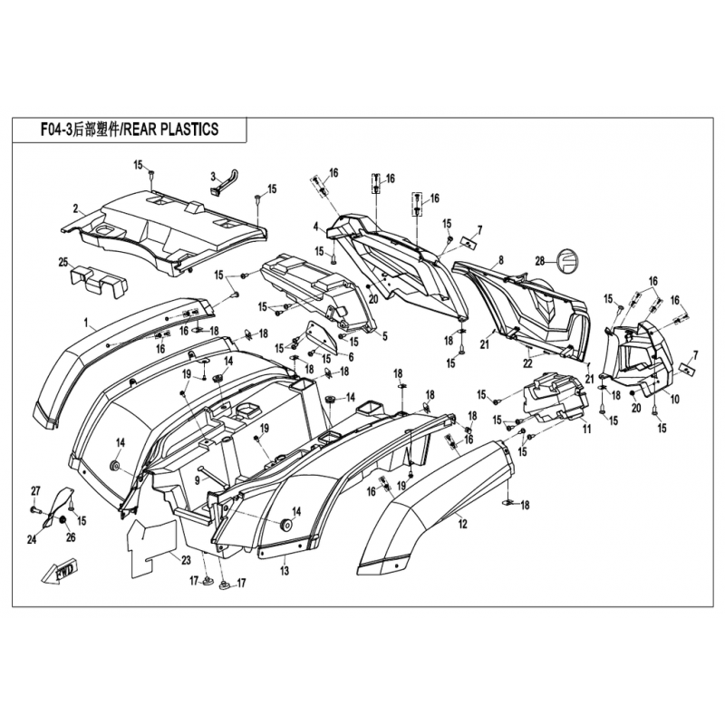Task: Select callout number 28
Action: tap(539, 260)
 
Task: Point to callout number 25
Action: tap(63, 262)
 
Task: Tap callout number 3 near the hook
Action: tap(213, 176)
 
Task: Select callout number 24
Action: tap(31, 540)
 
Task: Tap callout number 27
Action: tap(34, 491)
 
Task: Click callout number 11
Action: tap(586, 429)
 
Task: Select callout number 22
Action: tap(527, 362)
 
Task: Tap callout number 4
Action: tap(315, 226)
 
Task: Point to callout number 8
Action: tap(499, 260)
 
